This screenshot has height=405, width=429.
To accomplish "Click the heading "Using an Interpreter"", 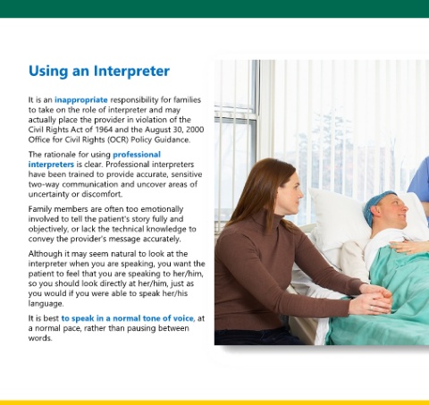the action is click(x=99, y=72).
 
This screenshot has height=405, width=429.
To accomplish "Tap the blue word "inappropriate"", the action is click(x=81, y=100).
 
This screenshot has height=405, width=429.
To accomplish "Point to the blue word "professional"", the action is click(x=137, y=155).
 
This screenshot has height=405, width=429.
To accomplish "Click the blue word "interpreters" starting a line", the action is click(x=51, y=165).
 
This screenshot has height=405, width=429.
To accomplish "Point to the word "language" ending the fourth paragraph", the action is click(x=46, y=304).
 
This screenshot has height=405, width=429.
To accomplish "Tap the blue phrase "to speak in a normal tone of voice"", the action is click(x=128, y=318).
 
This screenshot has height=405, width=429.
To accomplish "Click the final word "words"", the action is click(x=40, y=338).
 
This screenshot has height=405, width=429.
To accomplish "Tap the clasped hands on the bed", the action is click(x=373, y=298).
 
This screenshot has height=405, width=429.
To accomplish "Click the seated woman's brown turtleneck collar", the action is click(x=267, y=220).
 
